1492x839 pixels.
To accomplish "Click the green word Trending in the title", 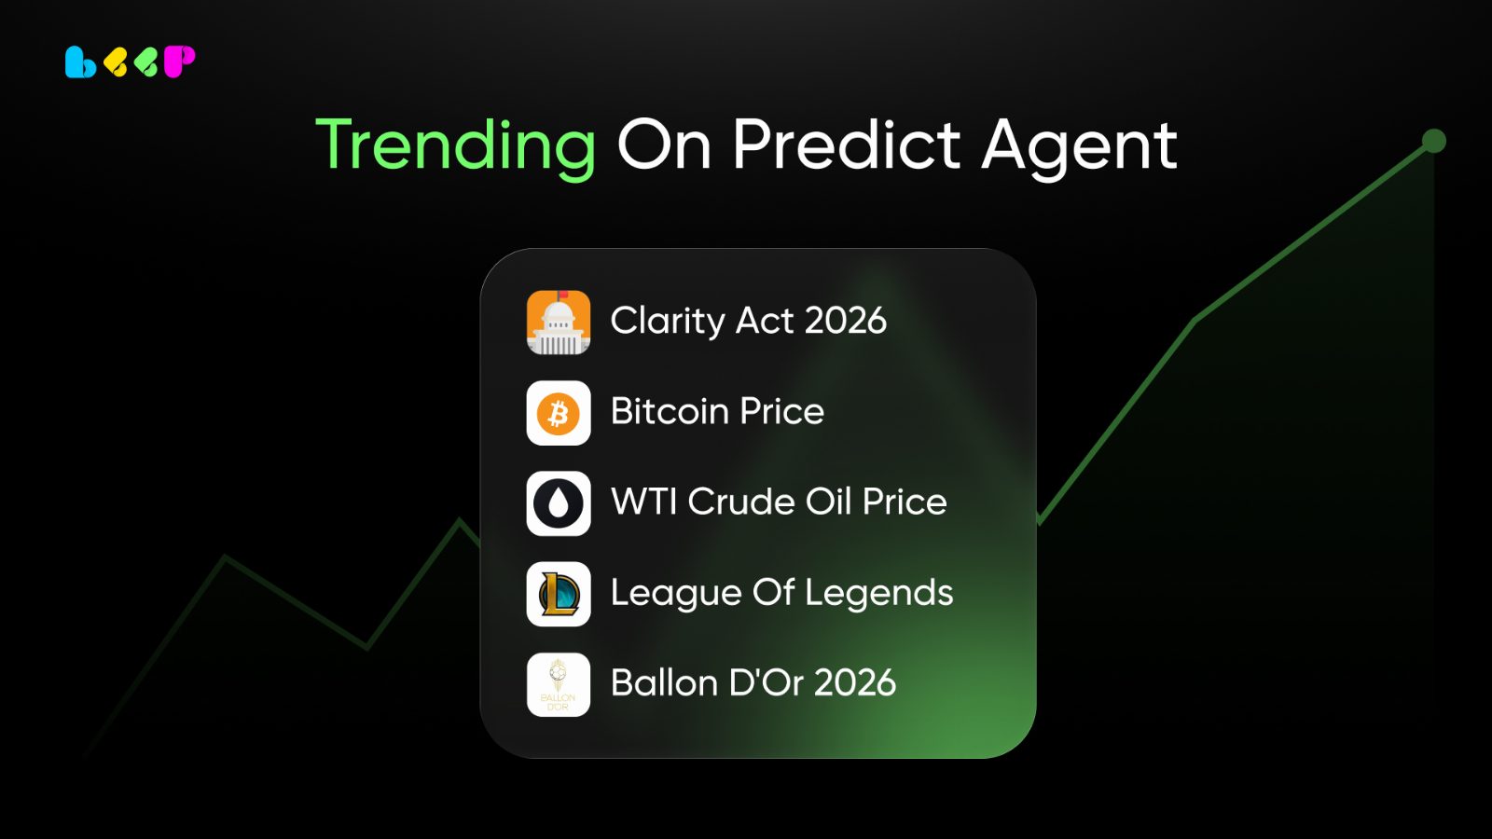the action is tap(456, 146).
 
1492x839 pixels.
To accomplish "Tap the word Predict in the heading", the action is tap(847, 144).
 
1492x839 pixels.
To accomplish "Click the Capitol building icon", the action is tap(559, 323).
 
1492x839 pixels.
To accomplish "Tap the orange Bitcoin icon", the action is tap(559, 413).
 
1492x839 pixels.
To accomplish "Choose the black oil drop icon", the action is tap(559, 503).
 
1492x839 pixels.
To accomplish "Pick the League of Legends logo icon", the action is tap(559, 594).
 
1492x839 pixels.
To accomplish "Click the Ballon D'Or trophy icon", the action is tap(559, 684).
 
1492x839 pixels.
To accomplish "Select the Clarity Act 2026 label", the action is tap(749, 321).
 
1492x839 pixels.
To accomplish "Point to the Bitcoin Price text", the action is tap(717, 411).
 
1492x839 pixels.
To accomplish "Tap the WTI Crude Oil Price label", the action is tap(779, 502).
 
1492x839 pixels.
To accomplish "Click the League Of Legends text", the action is tap(782, 593).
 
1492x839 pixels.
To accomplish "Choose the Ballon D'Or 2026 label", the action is tap(753, 682).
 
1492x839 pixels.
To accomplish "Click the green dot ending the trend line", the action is tap(1433, 141).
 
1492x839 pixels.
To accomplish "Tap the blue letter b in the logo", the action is tap(80, 62).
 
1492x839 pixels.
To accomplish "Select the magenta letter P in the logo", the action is tap(179, 62).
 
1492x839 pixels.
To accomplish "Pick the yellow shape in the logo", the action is tap(116, 63).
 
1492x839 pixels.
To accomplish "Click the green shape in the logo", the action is tap(145, 63).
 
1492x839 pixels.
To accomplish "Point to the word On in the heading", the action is tap(664, 145).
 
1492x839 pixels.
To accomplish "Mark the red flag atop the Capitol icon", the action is tap(563, 295).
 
